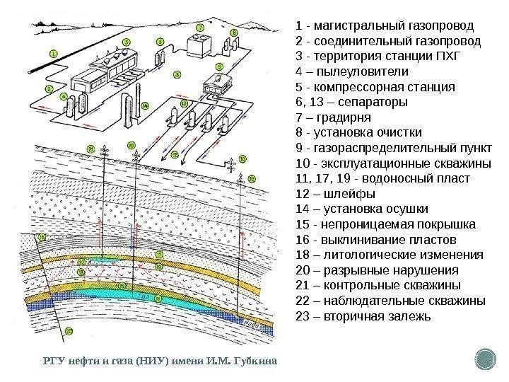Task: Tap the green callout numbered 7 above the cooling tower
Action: coord(200,28)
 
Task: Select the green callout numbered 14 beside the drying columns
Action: coord(145,106)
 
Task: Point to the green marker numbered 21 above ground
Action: coord(91,148)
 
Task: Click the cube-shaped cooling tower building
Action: coord(199,44)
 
